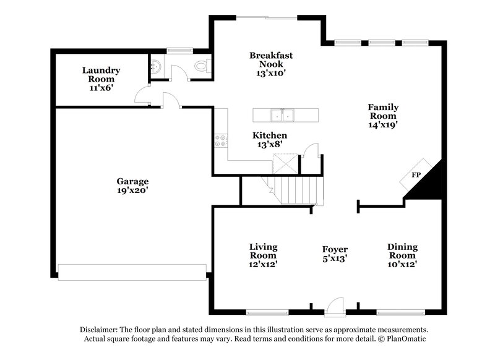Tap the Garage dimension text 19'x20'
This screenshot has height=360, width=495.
pyautogui.click(x=132, y=191)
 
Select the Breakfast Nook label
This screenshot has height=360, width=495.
pyautogui.click(x=271, y=59)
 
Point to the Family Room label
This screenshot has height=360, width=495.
pyautogui.click(x=383, y=111)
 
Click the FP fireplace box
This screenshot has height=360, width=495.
pyautogui.click(x=416, y=176)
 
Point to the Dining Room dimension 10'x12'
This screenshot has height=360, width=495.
pyautogui.click(x=402, y=264)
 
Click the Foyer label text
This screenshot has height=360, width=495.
pyautogui.click(x=334, y=249)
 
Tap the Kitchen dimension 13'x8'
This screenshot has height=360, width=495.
pyautogui.click(x=269, y=144)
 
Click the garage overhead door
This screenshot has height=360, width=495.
pyautogui.click(x=132, y=272)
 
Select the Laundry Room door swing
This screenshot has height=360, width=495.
pyautogui.click(x=142, y=96)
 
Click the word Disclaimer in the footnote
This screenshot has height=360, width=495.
pyautogui.click(x=100, y=330)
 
